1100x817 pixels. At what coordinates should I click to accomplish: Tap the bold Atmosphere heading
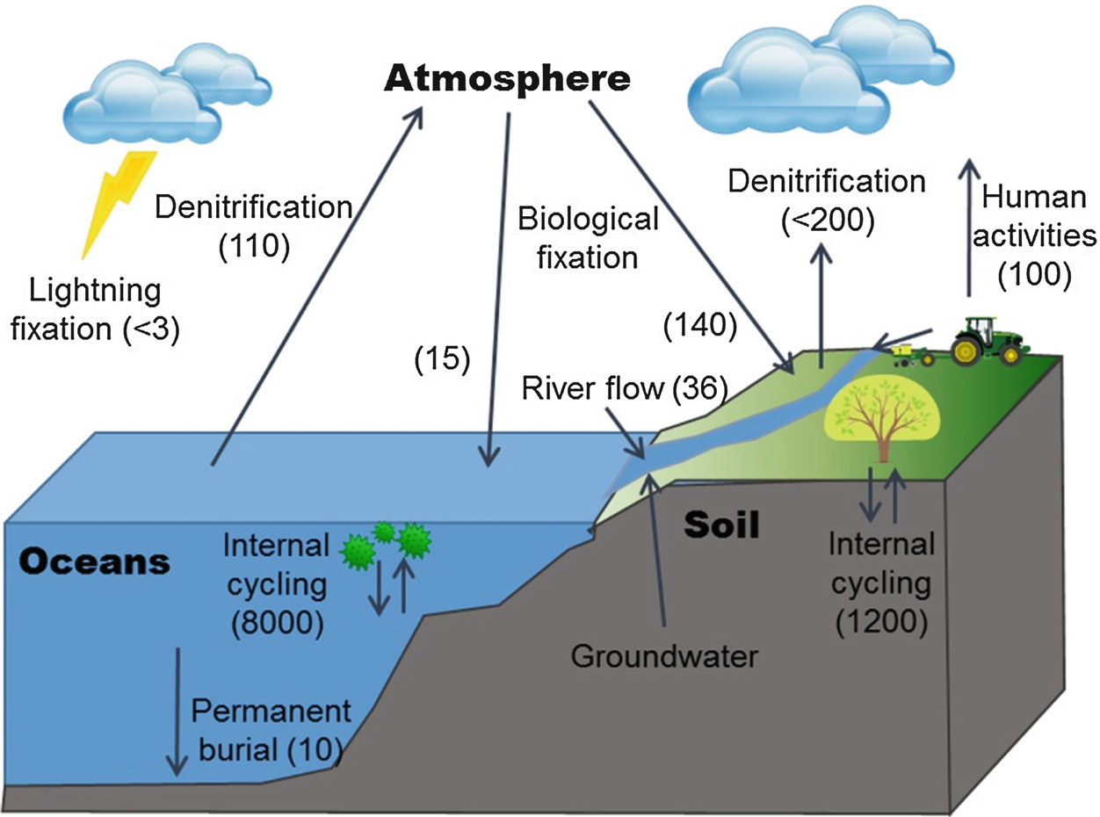tap(508, 80)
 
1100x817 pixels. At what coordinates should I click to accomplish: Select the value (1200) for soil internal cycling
tap(881, 622)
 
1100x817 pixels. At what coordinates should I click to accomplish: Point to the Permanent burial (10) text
tap(271, 729)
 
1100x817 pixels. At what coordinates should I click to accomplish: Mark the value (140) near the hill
tap(699, 327)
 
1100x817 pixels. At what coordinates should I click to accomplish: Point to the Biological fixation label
tap(588, 237)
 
